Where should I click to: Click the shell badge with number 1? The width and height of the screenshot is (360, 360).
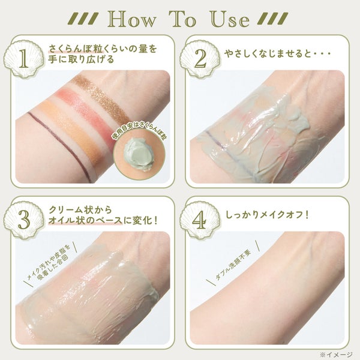click(24, 59)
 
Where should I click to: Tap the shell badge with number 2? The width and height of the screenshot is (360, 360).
click(200, 59)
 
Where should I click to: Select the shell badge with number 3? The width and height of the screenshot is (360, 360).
click(24, 220)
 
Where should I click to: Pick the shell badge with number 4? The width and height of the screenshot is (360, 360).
click(200, 220)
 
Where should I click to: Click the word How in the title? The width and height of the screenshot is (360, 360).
click(131, 20)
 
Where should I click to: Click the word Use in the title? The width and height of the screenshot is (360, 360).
click(230, 20)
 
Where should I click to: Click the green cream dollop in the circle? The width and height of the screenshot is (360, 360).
click(140, 154)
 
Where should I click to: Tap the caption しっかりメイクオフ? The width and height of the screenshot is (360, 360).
click(267, 215)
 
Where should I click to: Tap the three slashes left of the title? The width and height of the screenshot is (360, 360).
click(83, 19)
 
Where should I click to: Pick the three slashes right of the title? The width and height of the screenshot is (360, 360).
click(272, 19)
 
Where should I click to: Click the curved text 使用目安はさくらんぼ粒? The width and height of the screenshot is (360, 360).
click(139, 134)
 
